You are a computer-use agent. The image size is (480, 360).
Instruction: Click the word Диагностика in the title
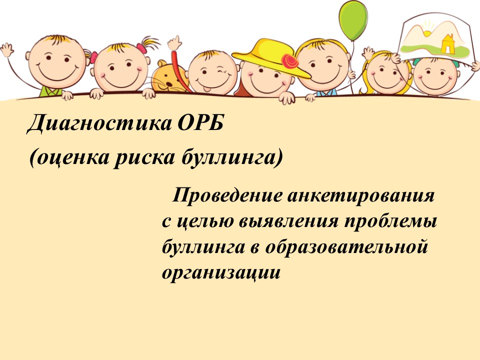(99, 123)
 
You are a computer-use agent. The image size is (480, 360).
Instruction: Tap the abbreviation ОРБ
(200, 122)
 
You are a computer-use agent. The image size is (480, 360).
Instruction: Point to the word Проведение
(227, 195)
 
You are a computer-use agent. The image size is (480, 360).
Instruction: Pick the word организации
(221, 273)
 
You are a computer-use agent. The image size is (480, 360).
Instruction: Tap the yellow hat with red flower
(271, 57)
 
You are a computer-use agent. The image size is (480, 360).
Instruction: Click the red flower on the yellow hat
(289, 61)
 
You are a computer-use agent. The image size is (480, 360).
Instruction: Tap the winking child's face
(212, 73)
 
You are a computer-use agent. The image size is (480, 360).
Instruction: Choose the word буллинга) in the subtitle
(231, 158)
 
